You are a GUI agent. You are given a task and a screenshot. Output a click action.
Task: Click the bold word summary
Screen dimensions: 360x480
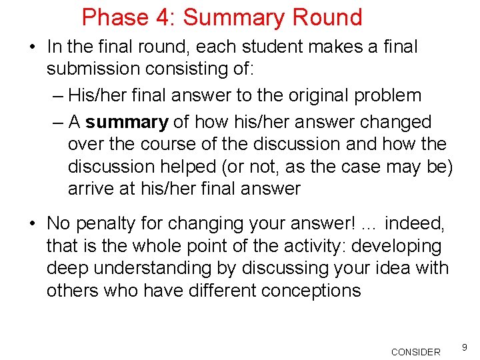(x=127, y=122)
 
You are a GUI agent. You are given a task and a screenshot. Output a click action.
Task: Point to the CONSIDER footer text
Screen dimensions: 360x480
(x=415, y=352)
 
